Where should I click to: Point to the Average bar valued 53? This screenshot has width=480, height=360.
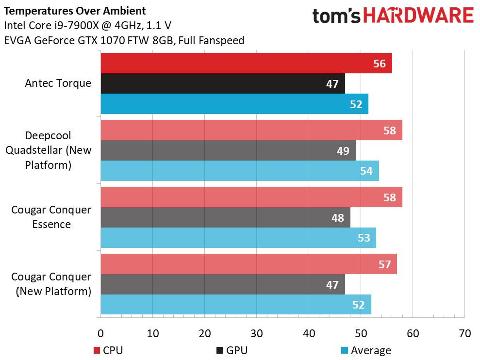coord(238,238)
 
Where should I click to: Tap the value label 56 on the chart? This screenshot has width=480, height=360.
coord(380,64)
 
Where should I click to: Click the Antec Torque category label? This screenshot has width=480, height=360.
coord(58,83)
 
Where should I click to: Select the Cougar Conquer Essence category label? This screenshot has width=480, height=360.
coord(51,217)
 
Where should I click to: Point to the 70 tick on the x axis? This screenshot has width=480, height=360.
coord(464,334)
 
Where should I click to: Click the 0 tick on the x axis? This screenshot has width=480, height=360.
coord(100,334)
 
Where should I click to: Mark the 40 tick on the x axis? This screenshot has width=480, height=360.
coord(309,334)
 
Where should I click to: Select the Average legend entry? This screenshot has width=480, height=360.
coord(366,350)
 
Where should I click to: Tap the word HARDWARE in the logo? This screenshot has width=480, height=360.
coord(418,16)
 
